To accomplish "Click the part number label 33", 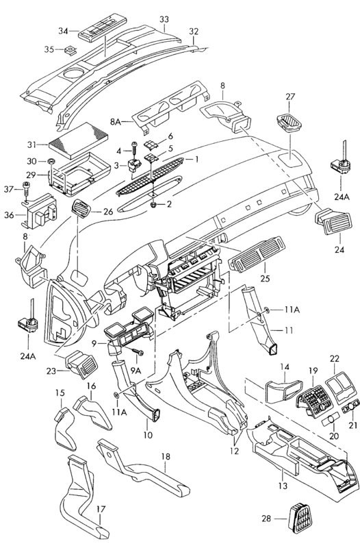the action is tap(164, 20).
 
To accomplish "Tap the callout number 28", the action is tap(266, 519).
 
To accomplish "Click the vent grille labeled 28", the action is tap(299, 518).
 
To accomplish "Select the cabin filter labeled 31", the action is tap(79, 140).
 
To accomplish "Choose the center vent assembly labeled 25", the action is tap(257, 253).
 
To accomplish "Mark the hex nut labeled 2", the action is tap(153, 204).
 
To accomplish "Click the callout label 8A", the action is tap(115, 122).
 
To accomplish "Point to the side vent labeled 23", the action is tap(81, 364).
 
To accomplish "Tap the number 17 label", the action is tap(101, 510).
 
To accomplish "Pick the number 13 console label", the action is tap(283, 486).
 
